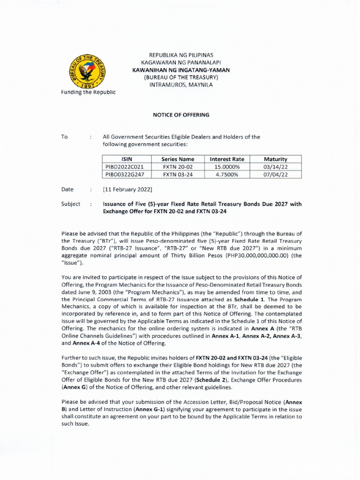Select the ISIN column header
[x=127, y=159]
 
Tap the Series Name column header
[x=178, y=159]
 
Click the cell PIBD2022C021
[x=127, y=167]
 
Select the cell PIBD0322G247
[x=127, y=174]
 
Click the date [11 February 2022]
[x=127, y=189]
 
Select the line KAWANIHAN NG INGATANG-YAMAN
[x=181, y=70]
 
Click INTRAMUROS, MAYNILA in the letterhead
[x=181, y=85]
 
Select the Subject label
[x=71, y=204]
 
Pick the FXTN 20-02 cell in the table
[x=178, y=167]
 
